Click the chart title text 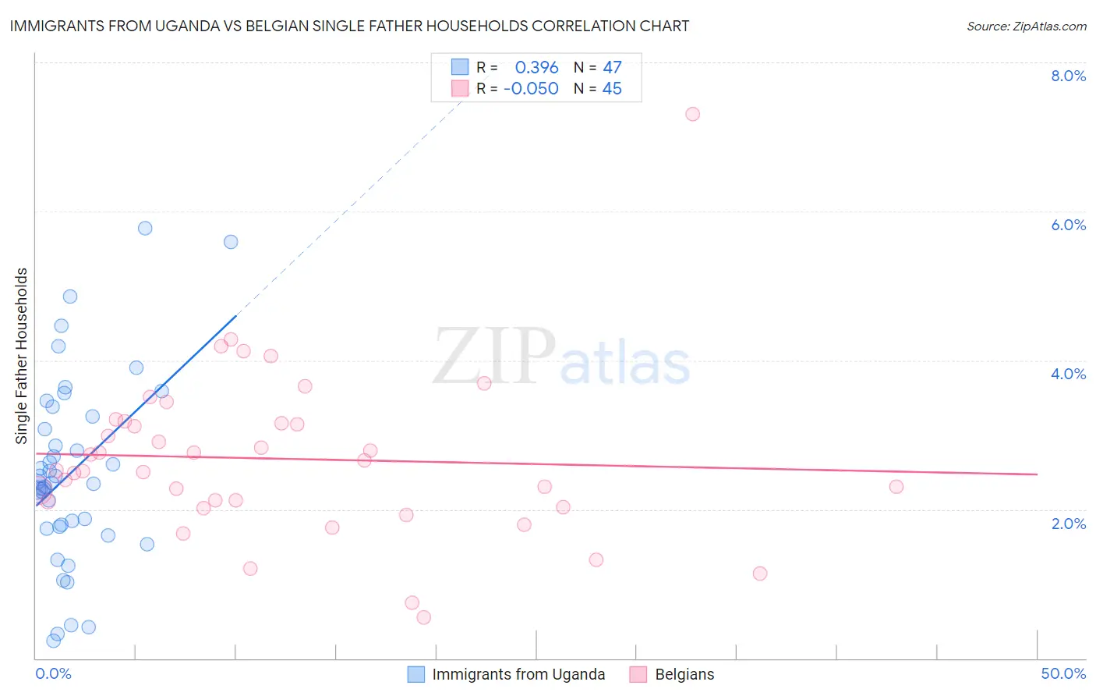click(349, 26)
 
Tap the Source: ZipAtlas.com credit click(1026, 26)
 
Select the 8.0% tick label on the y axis click(1068, 76)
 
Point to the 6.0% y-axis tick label click(1068, 225)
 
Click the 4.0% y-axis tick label click(1068, 374)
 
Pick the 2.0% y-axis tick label click(1068, 524)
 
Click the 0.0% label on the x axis click(53, 673)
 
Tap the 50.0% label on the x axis click(1063, 673)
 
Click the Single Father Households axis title click(22, 356)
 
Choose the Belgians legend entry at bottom click(684, 674)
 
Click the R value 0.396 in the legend click(536, 67)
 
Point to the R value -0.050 click(531, 89)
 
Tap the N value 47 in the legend click(612, 67)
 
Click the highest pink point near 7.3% click(692, 114)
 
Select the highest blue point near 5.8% click(145, 229)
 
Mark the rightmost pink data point click(896, 487)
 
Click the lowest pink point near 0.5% click(424, 617)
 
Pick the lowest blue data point click(54, 641)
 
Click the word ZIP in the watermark click(494, 357)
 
